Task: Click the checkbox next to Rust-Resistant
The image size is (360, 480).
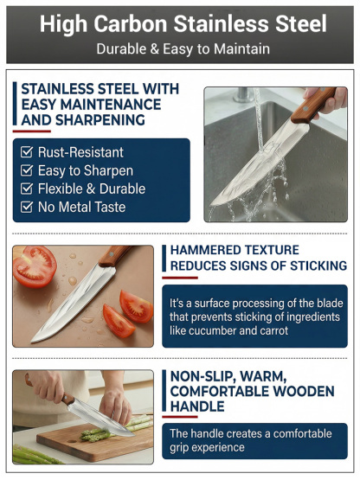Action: click(28, 152)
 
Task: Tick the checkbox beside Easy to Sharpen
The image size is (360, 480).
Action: click(28, 170)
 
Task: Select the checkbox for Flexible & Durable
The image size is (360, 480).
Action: click(28, 189)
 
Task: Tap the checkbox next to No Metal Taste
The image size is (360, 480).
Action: click(28, 207)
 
